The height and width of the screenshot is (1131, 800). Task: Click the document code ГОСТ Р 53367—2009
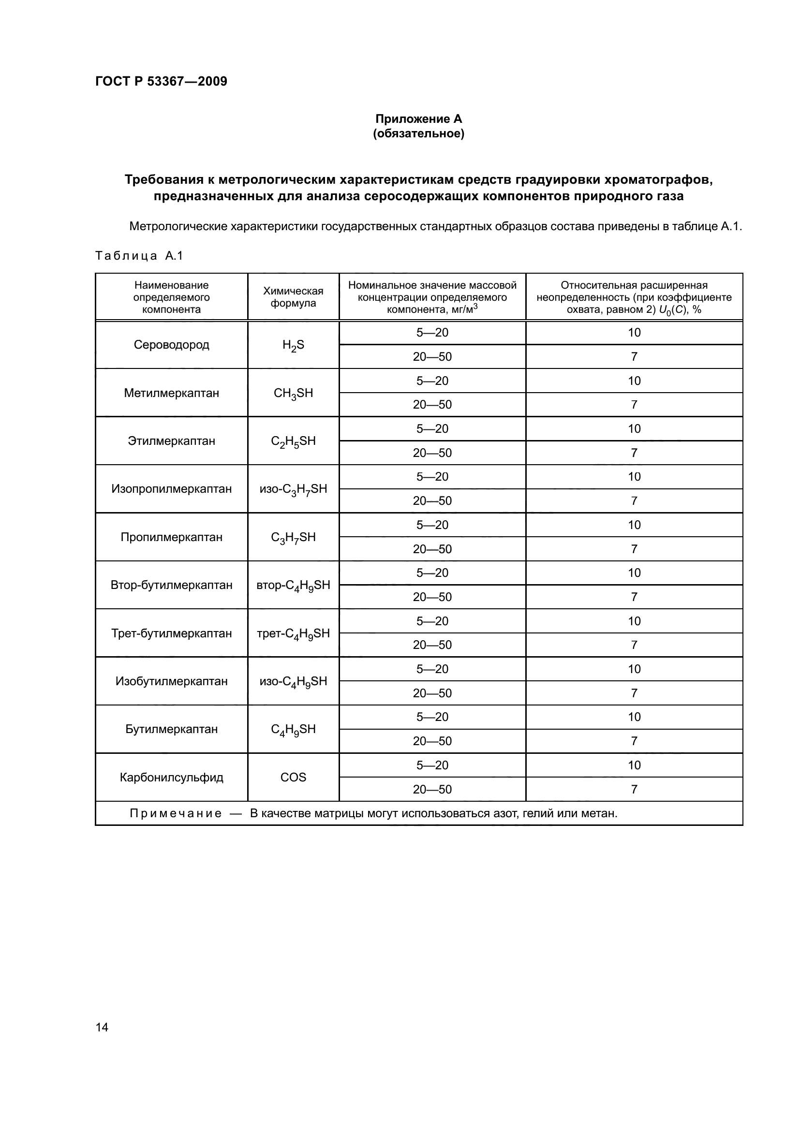pos(161,81)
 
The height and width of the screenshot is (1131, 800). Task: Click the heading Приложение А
pos(418,119)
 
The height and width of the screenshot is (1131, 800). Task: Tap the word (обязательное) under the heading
pos(418,133)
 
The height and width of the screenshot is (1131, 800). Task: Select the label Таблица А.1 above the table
pos(139,256)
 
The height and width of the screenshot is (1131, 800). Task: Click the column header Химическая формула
pos(293,296)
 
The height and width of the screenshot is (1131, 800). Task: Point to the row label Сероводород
pos(171,345)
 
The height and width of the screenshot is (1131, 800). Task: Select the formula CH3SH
pos(293,393)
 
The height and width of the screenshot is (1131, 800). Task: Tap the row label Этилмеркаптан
pos(171,441)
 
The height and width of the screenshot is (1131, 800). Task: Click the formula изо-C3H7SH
pos(293,489)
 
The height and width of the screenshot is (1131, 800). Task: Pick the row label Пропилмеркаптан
pos(171,537)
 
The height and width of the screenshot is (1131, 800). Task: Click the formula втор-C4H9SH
pos(293,585)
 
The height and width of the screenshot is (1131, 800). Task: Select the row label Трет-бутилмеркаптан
pos(171,633)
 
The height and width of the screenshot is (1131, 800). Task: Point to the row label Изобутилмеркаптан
pos(171,681)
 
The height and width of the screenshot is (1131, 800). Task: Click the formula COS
pos(293,778)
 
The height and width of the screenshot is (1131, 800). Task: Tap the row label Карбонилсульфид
pos(171,778)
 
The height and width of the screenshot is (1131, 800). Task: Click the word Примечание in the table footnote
pos(176,813)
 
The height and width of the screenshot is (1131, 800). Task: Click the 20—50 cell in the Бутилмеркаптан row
pos(432,741)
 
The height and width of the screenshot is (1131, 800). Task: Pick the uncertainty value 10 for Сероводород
pos(634,333)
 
